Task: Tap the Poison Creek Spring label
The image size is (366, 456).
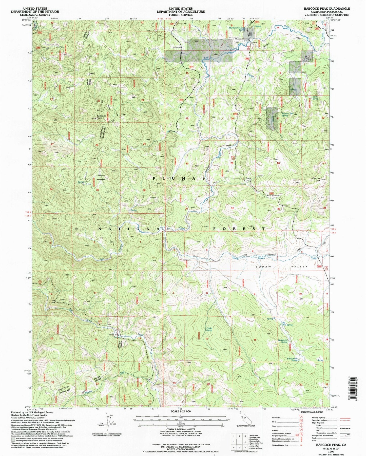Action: pyautogui.click(x=288, y=114)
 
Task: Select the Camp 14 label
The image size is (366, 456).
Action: pyautogui.click(x=177, y=47)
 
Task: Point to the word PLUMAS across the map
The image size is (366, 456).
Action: pyautogui.click(x=179, y=178)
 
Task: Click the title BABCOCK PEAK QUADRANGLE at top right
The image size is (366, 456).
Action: pyautogui.click(x=327, y=9)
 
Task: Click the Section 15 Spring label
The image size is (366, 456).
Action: pyautogui.click(x=283, y=341)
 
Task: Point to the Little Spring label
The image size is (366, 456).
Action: pyautogui.click(x=315, y=98)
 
